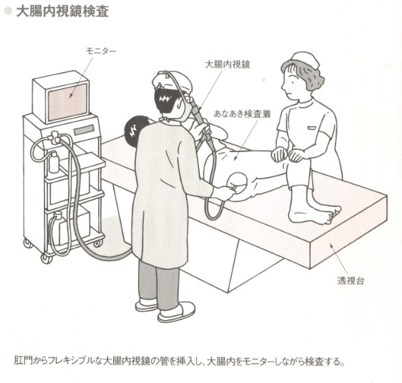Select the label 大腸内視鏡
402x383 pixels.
[x=227, y=64]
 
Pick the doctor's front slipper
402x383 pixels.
[x=176, y=314]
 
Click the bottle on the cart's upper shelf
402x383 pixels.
[x=54, y=162]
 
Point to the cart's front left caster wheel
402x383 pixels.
[x=47, y=258]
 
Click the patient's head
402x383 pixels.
[x=135, y=127]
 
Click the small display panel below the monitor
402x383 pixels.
[x=84, y=130]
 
